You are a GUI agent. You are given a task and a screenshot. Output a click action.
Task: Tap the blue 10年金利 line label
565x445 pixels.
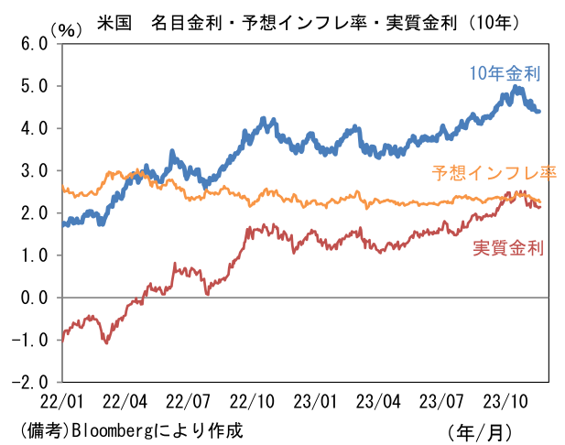(x=504, y=72)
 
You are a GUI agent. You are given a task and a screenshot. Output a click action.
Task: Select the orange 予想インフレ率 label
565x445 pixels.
(x=494, y=172)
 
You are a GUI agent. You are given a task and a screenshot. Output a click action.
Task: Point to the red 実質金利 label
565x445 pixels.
(x=509, y=247)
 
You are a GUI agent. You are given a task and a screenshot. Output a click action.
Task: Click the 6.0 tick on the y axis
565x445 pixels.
(x=32, y=43)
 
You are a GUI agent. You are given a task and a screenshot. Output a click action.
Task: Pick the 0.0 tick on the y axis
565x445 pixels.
(x=32, y=298)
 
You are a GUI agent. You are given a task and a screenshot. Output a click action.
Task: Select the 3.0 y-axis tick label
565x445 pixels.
(x=32, y=170)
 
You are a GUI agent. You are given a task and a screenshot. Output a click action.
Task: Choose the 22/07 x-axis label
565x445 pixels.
(x=189, y=401)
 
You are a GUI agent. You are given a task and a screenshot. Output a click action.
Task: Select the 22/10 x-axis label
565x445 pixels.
(x=252, y=401)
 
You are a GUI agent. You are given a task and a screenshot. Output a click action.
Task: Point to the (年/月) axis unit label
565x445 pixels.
(x=481, y=430)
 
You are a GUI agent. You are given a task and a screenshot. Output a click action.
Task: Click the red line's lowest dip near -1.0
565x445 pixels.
(x=106, y=342)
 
